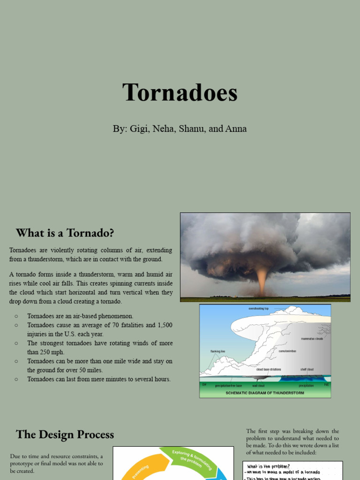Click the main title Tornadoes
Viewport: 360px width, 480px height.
[x=180, y=92]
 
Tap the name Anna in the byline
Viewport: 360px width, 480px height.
[x=236, y=129]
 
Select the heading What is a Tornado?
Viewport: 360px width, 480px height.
[x=65, y=233]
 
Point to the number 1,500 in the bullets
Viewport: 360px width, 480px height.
[x=164, y=325]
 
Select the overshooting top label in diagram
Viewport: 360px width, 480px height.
[x=258, y=309]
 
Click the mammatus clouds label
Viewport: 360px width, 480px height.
[x=312, y=338]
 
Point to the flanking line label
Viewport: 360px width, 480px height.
[x=217, y=351]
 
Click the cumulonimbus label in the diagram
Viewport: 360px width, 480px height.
[x=287, y=351]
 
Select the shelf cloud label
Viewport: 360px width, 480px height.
[x=307, y=369]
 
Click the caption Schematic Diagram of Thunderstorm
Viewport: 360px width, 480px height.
[x=265, y=393]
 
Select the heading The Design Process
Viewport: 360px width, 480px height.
[x=65, y=435]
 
